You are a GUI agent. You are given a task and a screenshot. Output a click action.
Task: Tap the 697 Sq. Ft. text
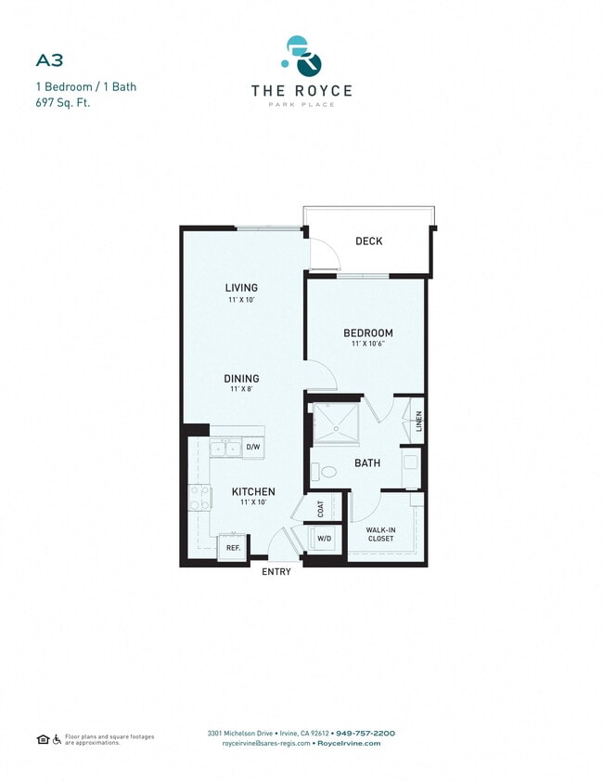point(63,102)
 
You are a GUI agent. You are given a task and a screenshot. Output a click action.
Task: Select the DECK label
point(368,241)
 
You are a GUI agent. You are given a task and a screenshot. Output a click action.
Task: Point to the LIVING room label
point(241,288)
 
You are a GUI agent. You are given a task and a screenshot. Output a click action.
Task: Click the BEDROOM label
point(367,333)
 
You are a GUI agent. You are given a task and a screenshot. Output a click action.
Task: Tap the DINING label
point(241,379)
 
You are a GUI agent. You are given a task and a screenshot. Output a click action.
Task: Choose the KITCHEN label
point(253,491)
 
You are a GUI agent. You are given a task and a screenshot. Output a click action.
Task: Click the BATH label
point(368,462)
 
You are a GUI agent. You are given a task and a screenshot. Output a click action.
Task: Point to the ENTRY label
point(276,572)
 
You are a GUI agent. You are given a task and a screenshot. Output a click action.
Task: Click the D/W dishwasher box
point(252,448)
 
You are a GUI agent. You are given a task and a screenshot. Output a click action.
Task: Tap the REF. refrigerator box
point(232,548)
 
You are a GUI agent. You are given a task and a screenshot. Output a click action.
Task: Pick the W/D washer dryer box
point(325,539)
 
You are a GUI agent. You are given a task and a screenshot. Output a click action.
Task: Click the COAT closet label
point(320,509)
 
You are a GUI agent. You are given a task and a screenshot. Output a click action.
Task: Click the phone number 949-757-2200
point(366,734)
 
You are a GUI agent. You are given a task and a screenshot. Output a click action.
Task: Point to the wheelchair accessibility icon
point(57,739)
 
